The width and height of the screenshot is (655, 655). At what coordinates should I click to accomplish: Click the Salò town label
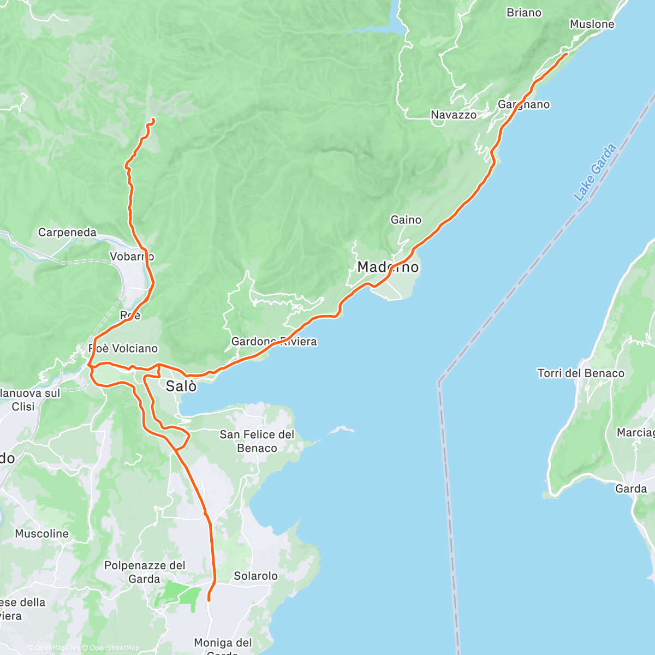(181, 386)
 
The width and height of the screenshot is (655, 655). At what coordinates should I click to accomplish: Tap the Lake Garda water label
(594, 172)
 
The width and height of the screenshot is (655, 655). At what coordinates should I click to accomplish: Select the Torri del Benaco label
(581, 373)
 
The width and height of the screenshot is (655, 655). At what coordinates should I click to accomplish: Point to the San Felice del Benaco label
(257, 441)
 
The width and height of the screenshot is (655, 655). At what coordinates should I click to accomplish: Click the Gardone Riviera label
(274, 342)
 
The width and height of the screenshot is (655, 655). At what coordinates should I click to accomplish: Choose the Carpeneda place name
(67, 233)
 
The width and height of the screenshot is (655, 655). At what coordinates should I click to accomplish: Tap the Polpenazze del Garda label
(145, 572)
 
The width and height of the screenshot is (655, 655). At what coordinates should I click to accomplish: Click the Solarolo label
(255, 576)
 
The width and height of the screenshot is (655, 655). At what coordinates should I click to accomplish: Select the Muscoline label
(42, 534)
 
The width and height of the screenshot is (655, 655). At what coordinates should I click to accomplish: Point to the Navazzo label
(453, 115)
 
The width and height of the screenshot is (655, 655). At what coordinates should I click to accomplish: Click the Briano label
(524, 13)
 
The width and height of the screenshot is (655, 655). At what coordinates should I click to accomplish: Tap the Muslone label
(592, 24)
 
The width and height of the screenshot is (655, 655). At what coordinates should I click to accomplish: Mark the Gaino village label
(406, 219)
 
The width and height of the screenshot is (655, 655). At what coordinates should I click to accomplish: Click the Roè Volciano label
(123, 348)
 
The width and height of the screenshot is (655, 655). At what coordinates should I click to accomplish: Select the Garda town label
(631, 489)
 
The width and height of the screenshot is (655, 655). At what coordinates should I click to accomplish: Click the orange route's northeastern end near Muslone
(566, 53)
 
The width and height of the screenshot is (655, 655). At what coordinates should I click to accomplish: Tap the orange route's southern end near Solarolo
(209, 600)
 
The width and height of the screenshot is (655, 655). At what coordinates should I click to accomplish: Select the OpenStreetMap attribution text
(114, 648)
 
